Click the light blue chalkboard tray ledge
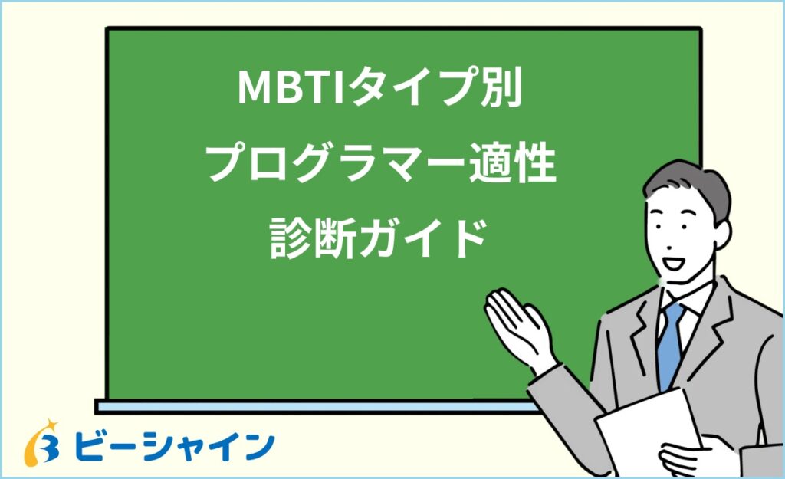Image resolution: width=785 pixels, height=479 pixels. (307, 406)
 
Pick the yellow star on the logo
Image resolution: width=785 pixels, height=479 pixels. (51, 425)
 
